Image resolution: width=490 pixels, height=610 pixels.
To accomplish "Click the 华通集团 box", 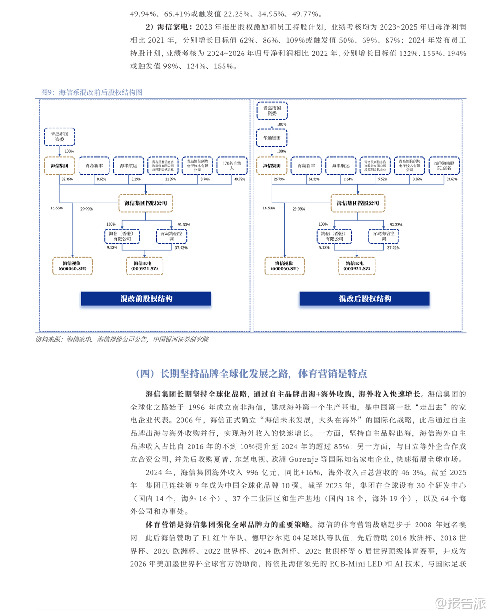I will point(272,138).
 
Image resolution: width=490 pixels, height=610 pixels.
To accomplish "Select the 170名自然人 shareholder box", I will point(232,165).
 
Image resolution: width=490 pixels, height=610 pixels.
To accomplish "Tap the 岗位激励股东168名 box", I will point(444,165).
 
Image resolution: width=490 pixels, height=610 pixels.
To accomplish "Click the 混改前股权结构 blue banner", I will point(146,299).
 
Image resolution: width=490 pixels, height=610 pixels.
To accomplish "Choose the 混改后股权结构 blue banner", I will point(364,299).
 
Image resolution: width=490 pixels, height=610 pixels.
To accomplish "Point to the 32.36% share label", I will point(67,179).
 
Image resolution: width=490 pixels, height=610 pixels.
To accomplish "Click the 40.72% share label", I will point(240,179).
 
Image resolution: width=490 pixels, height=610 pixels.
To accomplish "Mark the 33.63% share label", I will point(452,179).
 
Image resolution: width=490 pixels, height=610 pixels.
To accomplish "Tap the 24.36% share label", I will point(314,179).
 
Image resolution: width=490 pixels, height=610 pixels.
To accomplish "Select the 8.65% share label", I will point(102,179).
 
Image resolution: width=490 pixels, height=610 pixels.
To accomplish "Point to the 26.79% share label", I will point(279,179).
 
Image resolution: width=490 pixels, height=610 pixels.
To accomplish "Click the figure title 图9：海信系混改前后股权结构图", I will point(92,92).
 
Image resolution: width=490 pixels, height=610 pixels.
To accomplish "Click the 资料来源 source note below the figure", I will point(122,339).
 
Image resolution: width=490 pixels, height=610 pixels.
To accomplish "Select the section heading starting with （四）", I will point(251,373).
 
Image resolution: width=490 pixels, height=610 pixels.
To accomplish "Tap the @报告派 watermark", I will point(460,603).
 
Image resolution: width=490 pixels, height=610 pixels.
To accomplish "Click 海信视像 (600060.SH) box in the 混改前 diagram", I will point(73,266).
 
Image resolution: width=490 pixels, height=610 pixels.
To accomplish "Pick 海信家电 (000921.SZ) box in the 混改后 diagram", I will point(357,266).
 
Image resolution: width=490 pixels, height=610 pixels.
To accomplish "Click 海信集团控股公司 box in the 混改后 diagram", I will point(358,203).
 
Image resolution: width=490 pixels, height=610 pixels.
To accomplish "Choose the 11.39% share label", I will point(170,179).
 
